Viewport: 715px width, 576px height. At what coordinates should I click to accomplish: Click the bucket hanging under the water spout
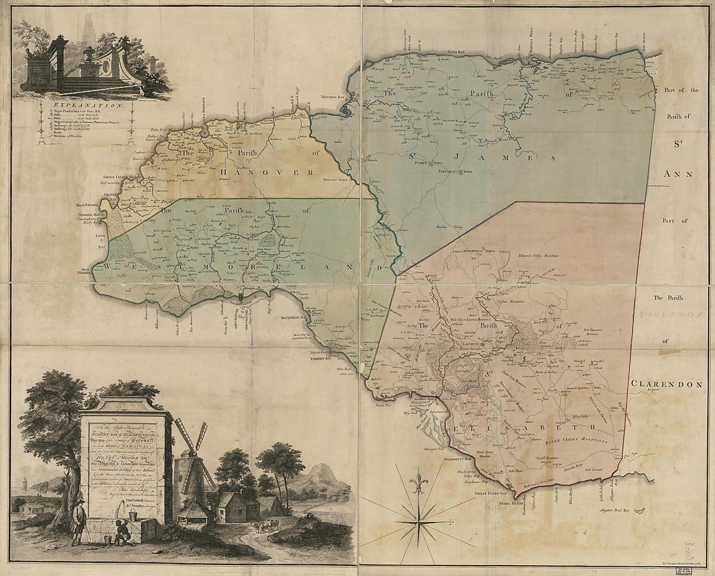tap(134, 516)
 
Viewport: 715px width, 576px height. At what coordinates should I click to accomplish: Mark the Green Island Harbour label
tap(122, 176)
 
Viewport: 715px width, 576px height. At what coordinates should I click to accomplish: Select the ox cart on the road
tap(265, 523)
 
